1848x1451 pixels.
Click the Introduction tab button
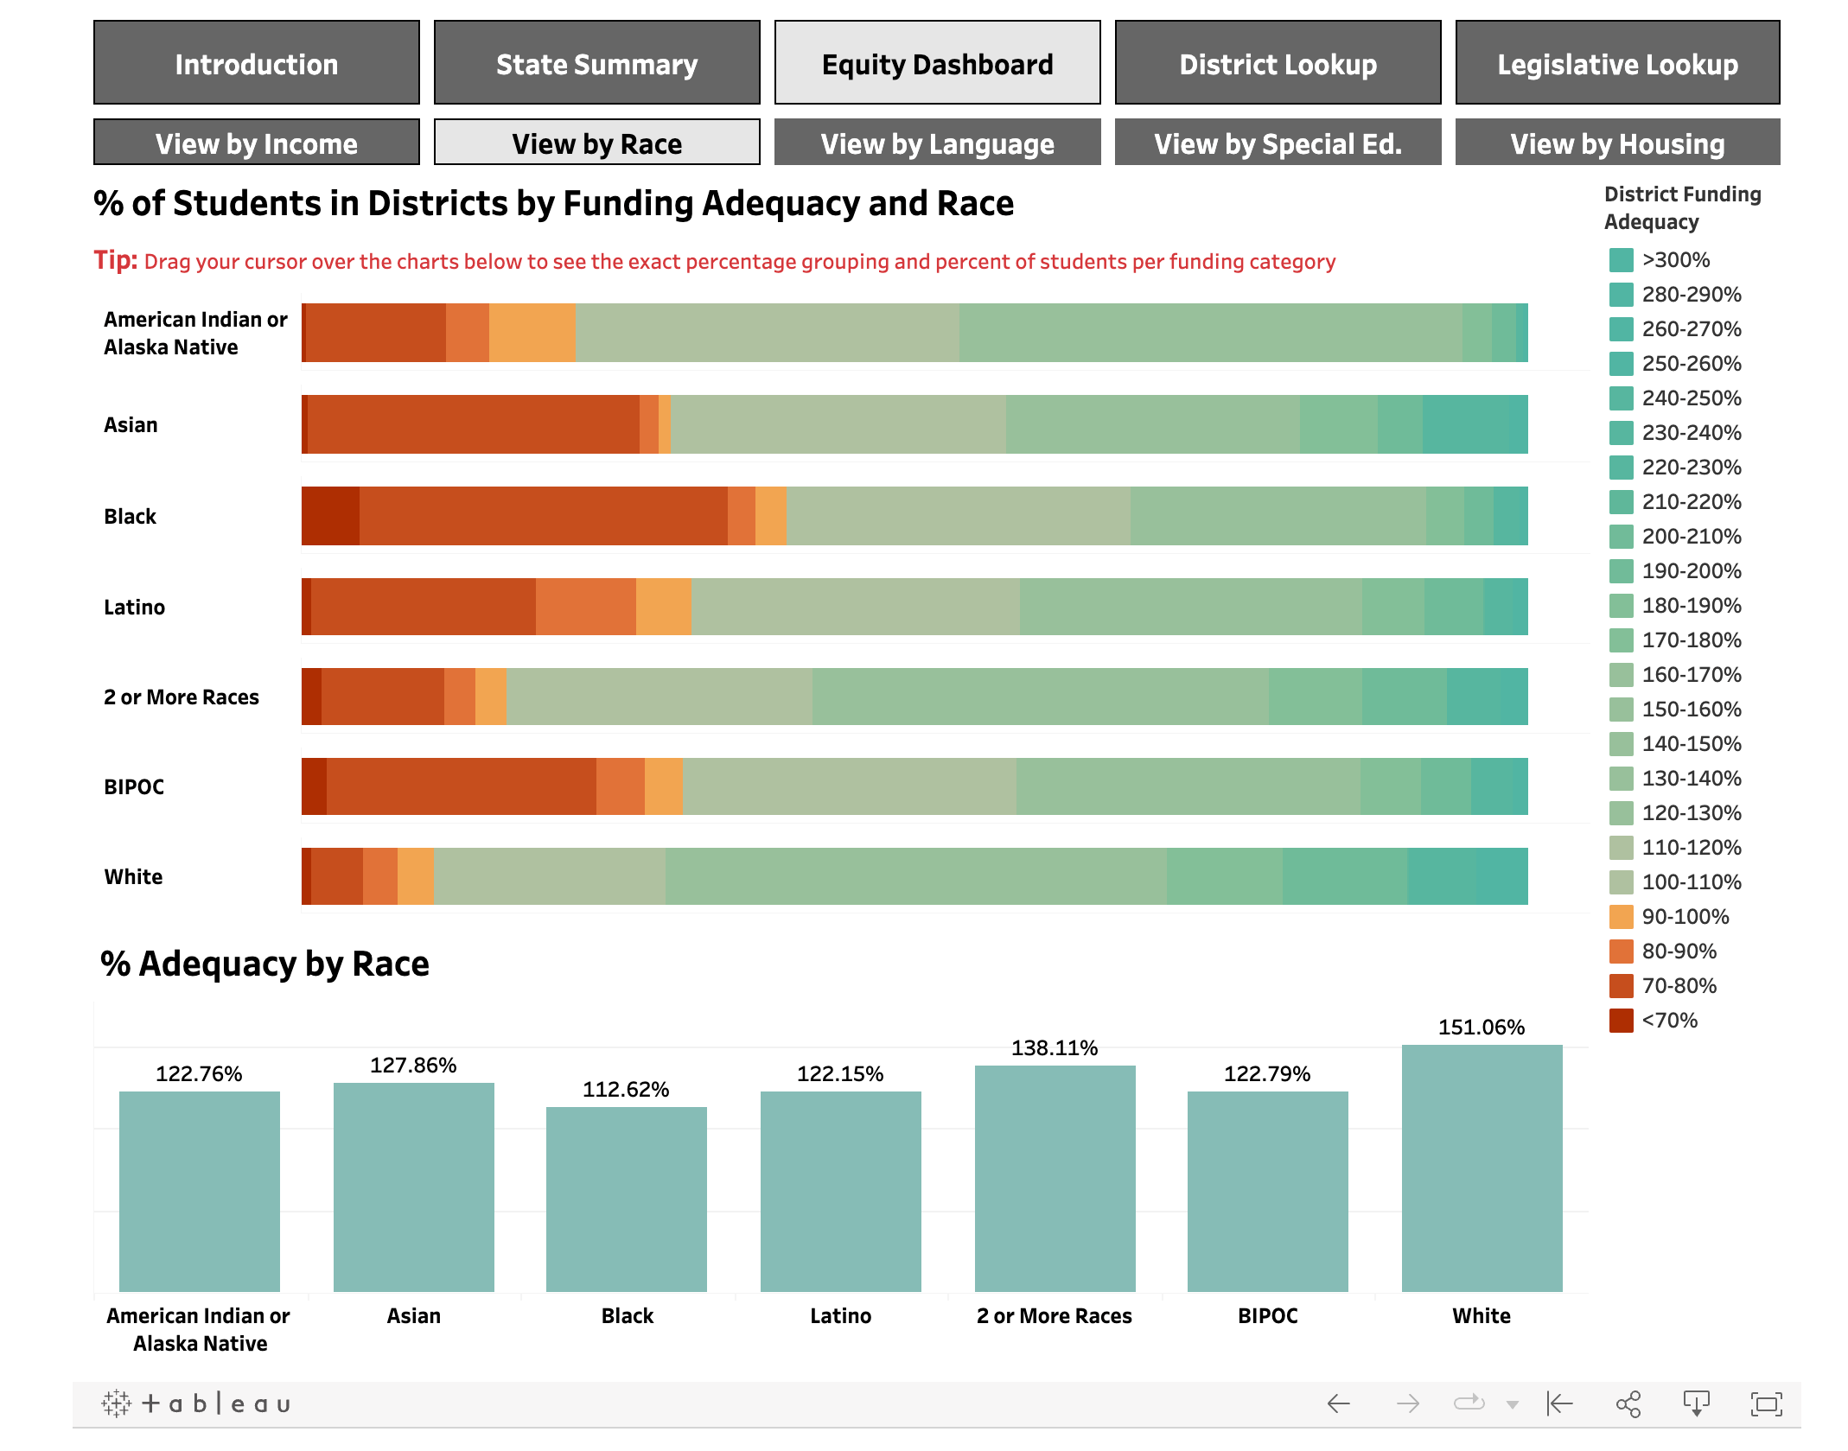pos(257,63)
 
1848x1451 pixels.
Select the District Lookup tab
pos(1278,63)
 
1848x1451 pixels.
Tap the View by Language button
pos(937,143)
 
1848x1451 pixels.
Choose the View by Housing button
pos(1617,143)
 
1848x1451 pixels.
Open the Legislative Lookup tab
pos(1617,63)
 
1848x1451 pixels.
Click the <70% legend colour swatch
pos(1621,1021)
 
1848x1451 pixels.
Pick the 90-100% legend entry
pos(1685,917)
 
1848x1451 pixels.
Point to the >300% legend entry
pos(1675,260)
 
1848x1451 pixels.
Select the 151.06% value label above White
pos(1481,1028)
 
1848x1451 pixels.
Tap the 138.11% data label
pos(1055,1048)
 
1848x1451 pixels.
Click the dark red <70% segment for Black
pos(330,516)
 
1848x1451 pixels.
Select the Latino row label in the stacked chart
pos(134,608)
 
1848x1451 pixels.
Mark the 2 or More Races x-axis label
pos(1054,1316)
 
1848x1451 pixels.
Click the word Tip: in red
pos(115,260)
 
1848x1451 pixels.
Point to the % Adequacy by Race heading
pos(264,964)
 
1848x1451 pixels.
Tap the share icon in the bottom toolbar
pos(1628,1404)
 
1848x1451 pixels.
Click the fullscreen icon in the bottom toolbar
pos(1766,1404)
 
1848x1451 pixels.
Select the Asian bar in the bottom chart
pos(413,1187)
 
